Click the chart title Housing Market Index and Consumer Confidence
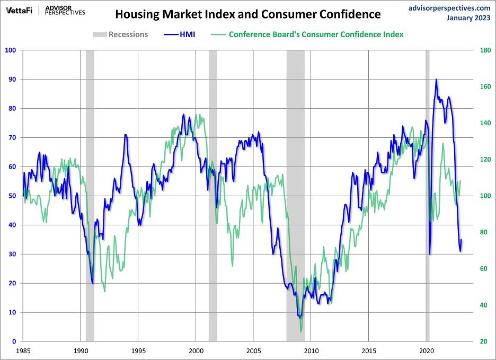click(x=248, y=14)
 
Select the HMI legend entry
click(x=180, y=34)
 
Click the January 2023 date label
click(x=468, y=18)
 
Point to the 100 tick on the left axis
click(x=11, y=50)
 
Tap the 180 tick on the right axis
click(x=484, y=50)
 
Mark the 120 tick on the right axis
click(x=484, y=160)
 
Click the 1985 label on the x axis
click(x=23, y=350)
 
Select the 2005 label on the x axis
click(x=253, y=350)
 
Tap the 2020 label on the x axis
click(x=427, y=350)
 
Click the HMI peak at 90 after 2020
click(x=436, y=80)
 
